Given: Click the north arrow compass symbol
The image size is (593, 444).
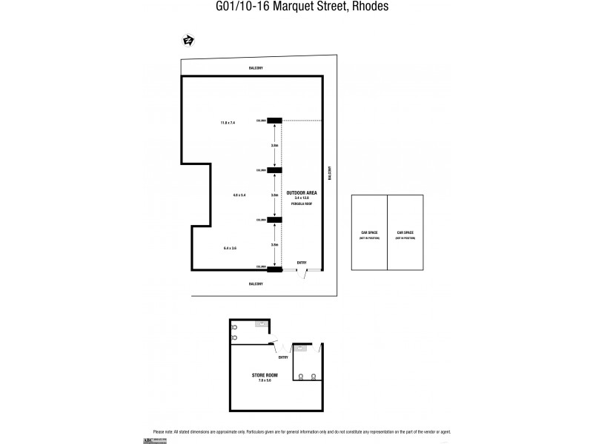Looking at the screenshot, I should [188, 41].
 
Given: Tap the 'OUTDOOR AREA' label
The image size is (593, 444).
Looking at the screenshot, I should [302, 192].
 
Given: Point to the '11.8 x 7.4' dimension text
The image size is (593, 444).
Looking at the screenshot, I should [227, 122].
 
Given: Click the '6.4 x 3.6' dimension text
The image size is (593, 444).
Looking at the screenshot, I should [229, 248].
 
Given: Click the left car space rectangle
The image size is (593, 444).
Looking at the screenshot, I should [369, 233].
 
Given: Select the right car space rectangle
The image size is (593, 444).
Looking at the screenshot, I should [405, 233].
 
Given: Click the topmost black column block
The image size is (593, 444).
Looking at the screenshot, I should [275, 121].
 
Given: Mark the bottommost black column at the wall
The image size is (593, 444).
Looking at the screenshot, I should [275, 268].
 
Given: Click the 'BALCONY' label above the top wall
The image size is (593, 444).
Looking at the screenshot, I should [256, 68].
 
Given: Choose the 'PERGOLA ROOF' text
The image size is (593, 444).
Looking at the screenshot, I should [302, 203].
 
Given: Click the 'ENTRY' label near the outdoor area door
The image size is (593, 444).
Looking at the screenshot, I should [302, 263].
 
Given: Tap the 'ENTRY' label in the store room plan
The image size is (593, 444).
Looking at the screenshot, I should [283, 358].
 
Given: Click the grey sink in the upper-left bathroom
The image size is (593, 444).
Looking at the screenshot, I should [262, 324].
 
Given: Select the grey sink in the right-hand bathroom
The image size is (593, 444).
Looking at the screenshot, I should [302, 347].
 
